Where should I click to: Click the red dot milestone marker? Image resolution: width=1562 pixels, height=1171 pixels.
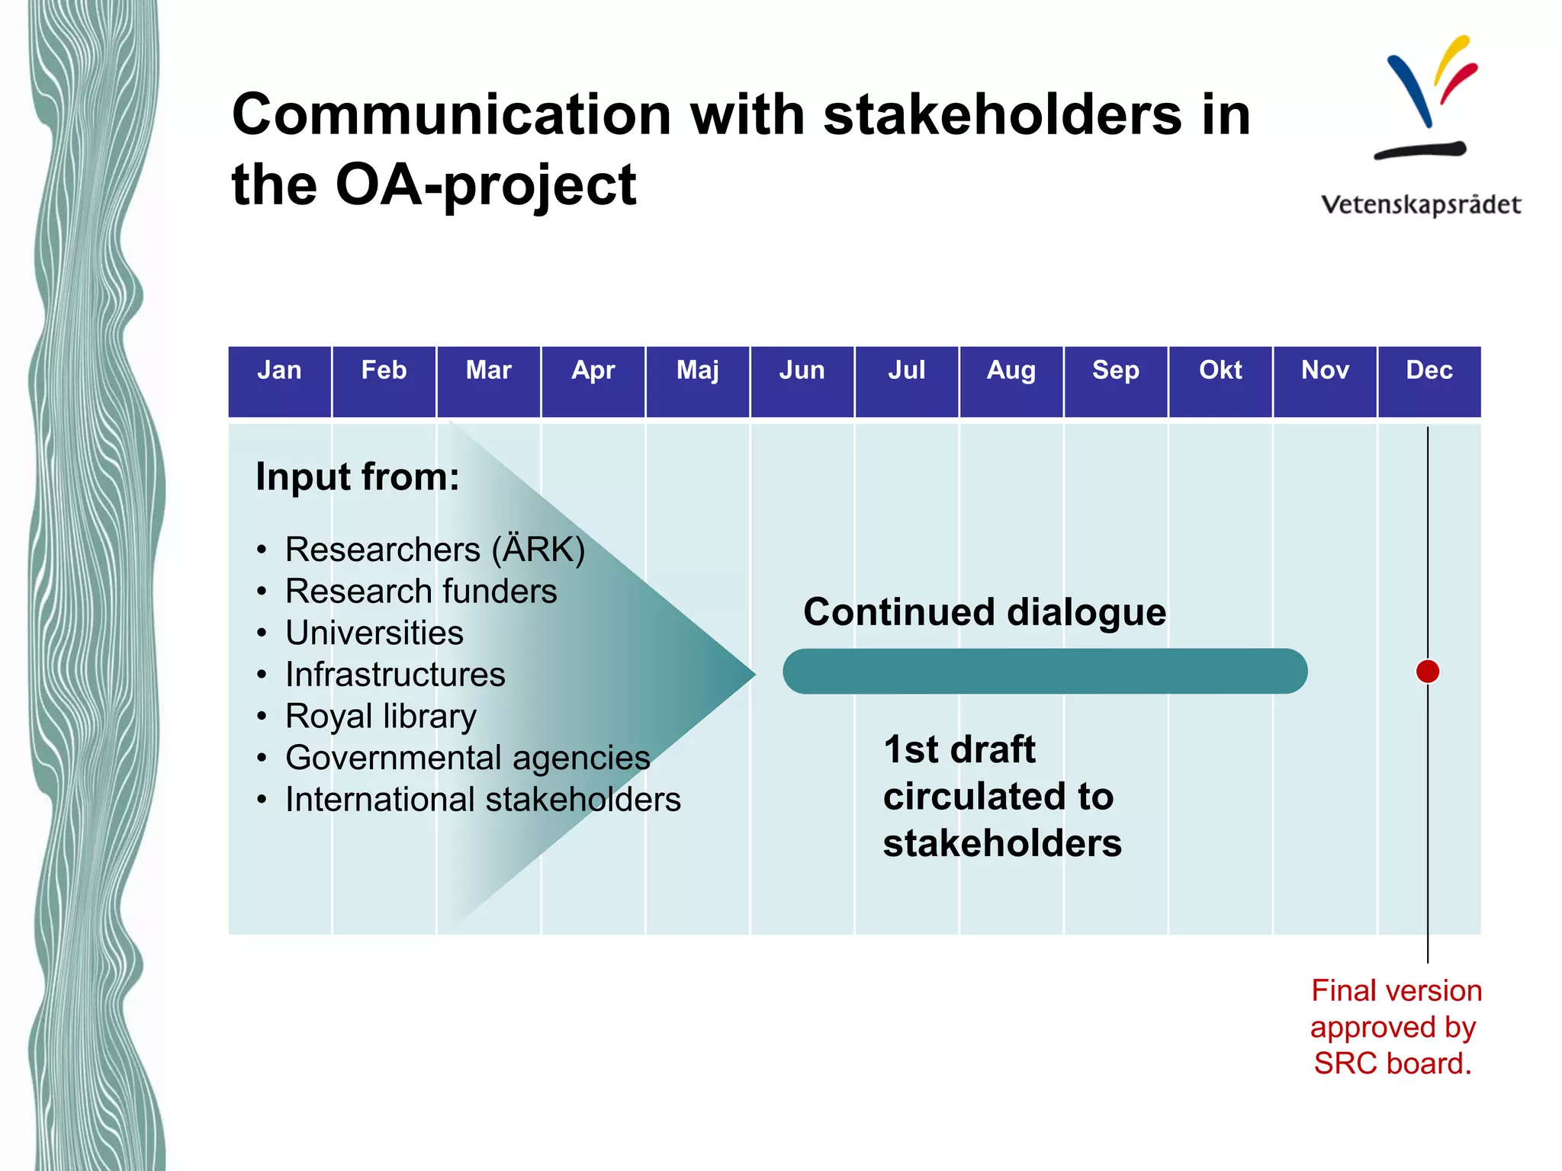[1427, 672]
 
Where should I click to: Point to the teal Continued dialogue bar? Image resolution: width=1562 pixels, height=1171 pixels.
[1045, 672]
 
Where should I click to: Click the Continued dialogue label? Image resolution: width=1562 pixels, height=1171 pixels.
[984, 612]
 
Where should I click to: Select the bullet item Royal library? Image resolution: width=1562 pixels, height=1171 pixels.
[380, 717]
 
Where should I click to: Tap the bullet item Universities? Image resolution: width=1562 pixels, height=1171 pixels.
[374, 633]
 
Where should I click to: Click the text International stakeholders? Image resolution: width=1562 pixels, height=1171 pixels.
[482, 800]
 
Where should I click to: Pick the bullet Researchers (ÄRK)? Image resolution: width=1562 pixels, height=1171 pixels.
[435, 550]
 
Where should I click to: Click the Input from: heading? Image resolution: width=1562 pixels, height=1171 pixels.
[357, 477]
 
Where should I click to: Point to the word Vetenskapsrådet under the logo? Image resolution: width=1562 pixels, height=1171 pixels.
[1420, 205]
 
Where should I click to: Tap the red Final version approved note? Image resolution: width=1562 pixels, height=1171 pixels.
[1395, 1027]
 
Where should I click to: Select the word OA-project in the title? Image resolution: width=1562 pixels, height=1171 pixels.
[485, 185]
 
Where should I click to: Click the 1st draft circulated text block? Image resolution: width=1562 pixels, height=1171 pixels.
[1001, 797]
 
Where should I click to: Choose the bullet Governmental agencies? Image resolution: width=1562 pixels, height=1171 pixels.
[467, 759]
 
